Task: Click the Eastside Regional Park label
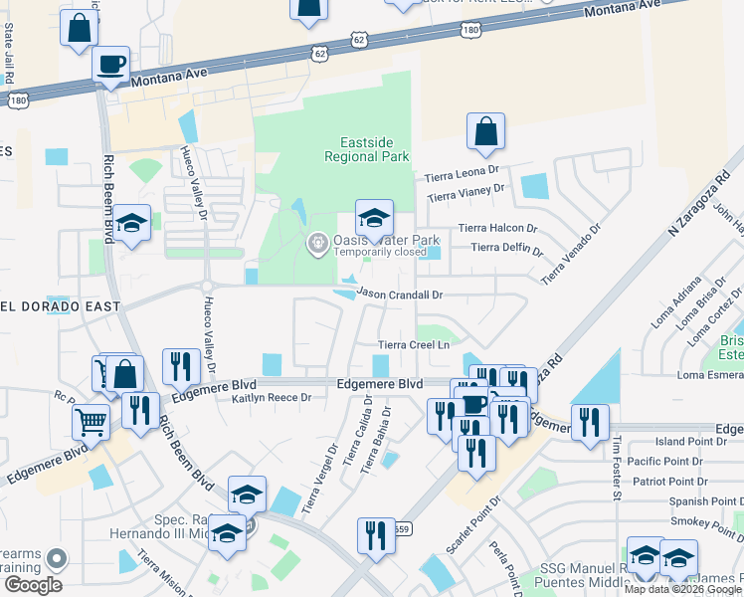point(367,149)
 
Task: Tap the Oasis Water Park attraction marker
point(317,242)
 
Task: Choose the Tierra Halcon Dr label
point(497,228)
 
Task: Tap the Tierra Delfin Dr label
point(504,248)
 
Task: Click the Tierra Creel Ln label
point(415,345)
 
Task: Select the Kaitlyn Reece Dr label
point(272,398)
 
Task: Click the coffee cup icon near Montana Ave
point(110,66)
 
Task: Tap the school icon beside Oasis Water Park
point(374,218)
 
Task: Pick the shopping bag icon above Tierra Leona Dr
point(485,132)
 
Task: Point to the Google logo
point(33,585)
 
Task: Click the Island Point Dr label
point(685,442)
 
